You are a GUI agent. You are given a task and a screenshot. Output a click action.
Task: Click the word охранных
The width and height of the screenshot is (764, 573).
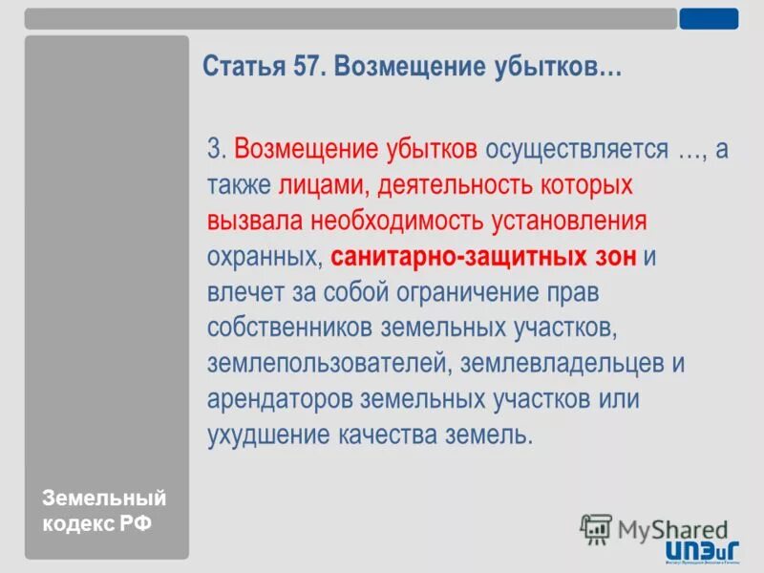point(265,257)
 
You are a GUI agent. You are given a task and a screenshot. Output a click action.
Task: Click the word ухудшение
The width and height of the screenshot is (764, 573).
point(266,435)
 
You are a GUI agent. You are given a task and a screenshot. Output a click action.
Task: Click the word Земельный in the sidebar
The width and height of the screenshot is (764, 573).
point(104,499)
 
